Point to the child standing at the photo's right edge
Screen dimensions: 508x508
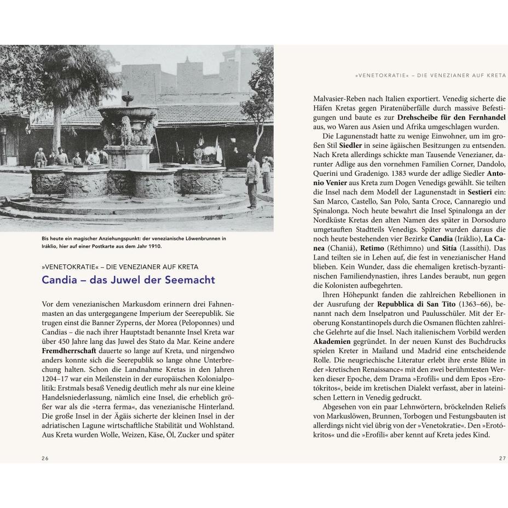pos(267,174)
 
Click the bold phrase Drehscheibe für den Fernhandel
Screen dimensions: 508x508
pos(445,117)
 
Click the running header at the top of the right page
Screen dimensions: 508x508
pos(431,74)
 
